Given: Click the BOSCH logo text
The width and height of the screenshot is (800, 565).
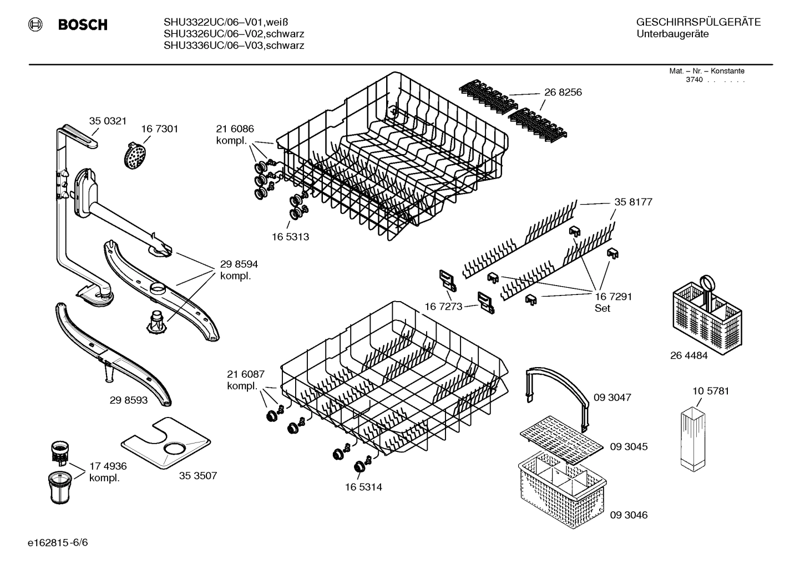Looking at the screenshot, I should tap(82, 25).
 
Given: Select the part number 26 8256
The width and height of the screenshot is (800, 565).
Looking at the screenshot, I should tap(563, 92).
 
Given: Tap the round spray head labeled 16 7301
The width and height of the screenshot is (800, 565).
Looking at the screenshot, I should tap(135, 155).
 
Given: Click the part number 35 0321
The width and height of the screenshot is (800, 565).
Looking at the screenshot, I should tap(108, 121).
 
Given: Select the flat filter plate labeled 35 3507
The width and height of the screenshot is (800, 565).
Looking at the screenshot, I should tap(166, 441).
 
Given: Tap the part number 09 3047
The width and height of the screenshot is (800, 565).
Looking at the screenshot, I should tap(612, 398).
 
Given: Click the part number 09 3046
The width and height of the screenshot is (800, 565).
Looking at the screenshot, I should tap(629, 515).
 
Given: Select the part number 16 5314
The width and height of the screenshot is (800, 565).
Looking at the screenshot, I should tap(363, 487).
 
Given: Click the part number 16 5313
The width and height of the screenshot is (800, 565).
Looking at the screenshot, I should tap(290, 237).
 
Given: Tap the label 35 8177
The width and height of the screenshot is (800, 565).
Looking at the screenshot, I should tap(633, 202).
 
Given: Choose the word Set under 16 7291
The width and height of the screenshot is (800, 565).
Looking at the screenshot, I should tap(602, 308).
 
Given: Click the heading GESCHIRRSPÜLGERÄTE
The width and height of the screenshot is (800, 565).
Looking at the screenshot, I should tap(698, 23).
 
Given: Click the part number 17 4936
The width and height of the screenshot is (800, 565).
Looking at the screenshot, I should tap(108, 466).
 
